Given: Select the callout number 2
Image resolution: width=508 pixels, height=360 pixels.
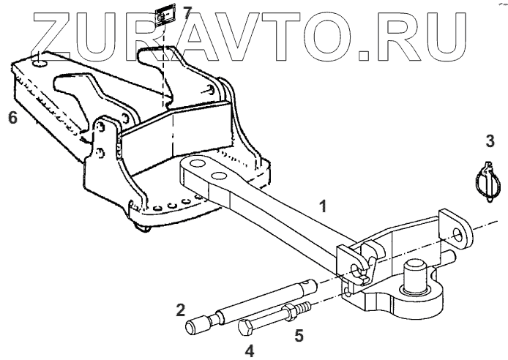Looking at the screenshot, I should point(179,310).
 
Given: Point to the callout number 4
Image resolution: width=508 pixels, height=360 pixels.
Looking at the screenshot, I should point(250,350).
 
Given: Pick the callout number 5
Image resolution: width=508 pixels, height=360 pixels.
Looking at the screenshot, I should point(299,336).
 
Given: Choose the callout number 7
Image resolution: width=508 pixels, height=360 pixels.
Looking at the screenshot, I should point(187,12).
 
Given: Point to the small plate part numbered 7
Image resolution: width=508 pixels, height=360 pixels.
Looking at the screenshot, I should point(167,16).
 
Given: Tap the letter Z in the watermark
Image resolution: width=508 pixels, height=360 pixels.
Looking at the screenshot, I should point(59,34).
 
